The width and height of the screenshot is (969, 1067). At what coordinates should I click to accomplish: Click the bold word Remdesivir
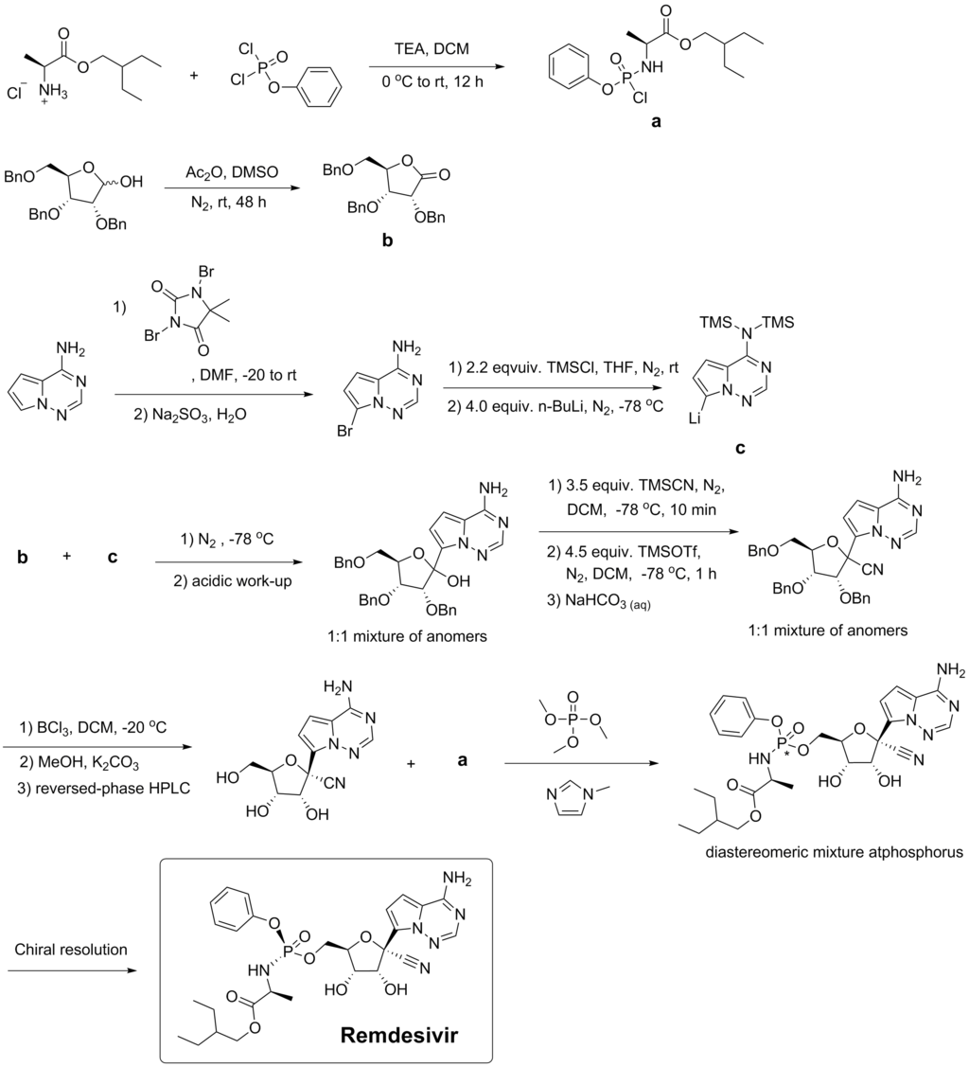(x=399, y=1035)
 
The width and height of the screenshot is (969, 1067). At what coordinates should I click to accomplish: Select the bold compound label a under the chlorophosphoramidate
(x=656, y=122)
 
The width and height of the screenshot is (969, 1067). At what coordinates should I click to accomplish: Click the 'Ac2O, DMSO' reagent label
(x=232, y=173)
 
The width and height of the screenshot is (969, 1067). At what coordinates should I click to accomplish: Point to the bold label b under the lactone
(x=388, y=240)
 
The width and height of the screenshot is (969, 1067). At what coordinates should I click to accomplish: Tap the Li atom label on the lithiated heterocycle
(x=695, y=418)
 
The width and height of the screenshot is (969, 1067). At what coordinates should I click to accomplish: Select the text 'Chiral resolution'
(x=71, y=950)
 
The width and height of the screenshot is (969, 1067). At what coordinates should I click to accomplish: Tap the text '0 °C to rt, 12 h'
(x=432, y=82)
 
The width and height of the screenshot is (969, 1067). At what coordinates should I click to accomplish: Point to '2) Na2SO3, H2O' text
(x=190, y=415)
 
